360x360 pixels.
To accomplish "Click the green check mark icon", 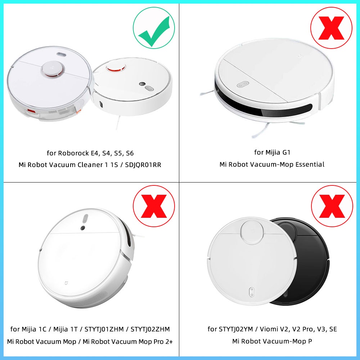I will (154, 28).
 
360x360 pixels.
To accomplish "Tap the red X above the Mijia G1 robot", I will (331, 28).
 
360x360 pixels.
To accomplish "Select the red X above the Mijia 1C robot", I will (154, 206).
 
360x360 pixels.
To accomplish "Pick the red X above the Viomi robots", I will (331, 206).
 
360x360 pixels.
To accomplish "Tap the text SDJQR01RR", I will (144, 165).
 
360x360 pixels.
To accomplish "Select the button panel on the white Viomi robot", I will (252, 291).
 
